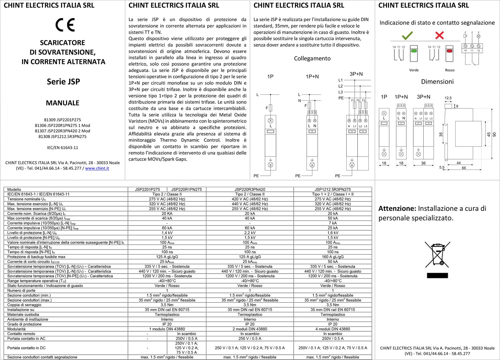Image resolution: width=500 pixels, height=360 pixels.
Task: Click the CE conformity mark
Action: pyautogui.click(x=65, y=25)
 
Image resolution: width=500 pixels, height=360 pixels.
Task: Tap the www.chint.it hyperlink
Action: pyautogui.click(x=97, y=168)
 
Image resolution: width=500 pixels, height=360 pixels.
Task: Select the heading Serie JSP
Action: pyautogui.click(x=63, y=81)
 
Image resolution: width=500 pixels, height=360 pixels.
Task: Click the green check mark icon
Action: pyautogui.click(x=407, y=35)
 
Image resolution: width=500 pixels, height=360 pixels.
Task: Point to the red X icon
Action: pyautogui.click(x=439, y=35)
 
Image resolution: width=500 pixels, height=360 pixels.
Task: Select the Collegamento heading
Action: pyautogui.click(x=312, y=58)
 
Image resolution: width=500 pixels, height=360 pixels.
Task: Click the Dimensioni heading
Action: pyautogui.click(x=437, y=81)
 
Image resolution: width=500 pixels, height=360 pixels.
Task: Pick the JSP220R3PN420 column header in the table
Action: pyautogui.click(x=250, y=190)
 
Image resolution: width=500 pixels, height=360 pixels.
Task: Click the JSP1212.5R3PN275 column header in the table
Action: pyautogui.click(x=333, y=190)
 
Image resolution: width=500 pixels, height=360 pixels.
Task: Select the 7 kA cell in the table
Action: pyautogui.click(x=333, y=223)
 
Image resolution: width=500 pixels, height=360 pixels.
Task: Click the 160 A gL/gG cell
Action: pyautogui.click(x=333, y=257)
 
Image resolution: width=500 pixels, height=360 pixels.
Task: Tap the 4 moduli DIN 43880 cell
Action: pyautogui.click(x=333, y=329)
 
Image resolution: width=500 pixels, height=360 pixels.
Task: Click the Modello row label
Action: pyautogui.click(x=14, y=190)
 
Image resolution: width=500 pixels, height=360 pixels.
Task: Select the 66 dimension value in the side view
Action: pyautogui.click(x=464, y=168)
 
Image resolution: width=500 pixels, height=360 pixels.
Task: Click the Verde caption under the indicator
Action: pyautogui.click(x=414, y=70)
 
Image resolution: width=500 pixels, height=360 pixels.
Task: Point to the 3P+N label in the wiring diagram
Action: pyautogui.click(x=356, y=74)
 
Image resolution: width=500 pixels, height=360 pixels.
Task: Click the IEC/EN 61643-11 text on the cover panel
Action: pyautogui.click(x=63, y=148)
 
